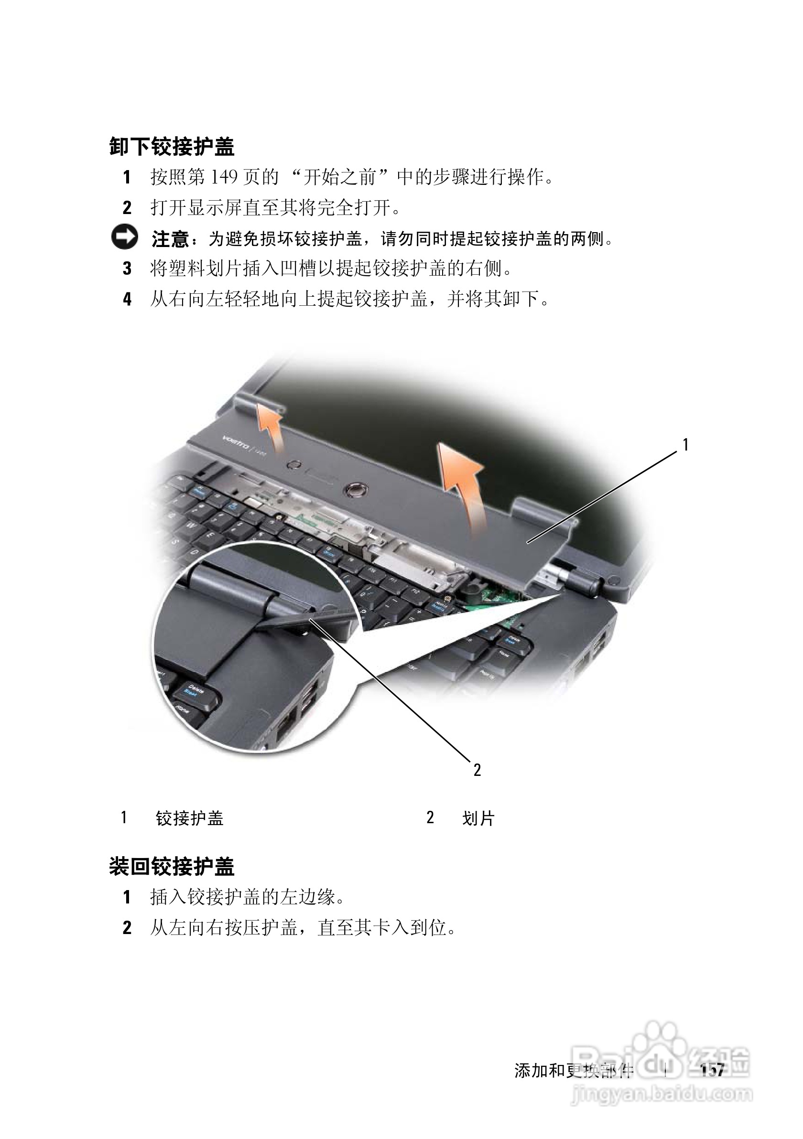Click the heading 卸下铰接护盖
tap(172, 147)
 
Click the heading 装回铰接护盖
tap(172, 867)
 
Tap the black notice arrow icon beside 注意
tap(124, 238)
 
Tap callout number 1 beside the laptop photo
tap(685, 445)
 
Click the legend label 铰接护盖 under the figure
tap(190, 818)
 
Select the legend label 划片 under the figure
tap(478, 818)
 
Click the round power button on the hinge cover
tap(355, 489)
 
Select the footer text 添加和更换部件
tap(574, 1071)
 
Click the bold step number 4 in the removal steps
tap(127, 299)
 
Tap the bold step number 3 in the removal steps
tap(127, 269)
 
